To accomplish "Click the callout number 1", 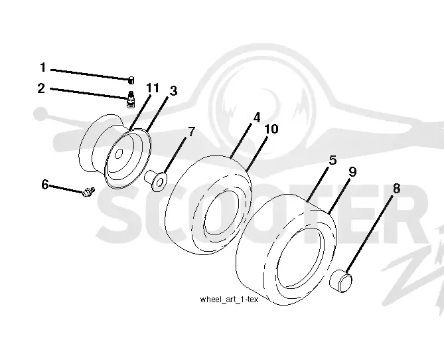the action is point(42,68).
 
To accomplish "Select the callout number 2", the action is point(41,88).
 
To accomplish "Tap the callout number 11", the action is point(153,88).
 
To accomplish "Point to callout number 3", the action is point(173,91).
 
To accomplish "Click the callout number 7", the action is point(192,132).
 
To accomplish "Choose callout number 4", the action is point(257,118).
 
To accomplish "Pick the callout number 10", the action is point(271,129).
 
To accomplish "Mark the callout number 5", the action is point(333,160).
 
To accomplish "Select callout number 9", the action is point(352,172).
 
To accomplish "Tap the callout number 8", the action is point(396,189).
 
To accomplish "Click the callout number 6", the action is point(44,185).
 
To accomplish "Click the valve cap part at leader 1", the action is point(131,80).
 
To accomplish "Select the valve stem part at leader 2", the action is point(131,99).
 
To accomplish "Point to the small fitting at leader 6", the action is point(89,192).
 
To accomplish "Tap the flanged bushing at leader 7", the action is point(156,180).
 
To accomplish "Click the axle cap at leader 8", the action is point(341,281).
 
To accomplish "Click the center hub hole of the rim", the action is point(119,153).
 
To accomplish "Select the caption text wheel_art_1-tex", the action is point(229,300).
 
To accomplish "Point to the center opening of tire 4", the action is point(221,213).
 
